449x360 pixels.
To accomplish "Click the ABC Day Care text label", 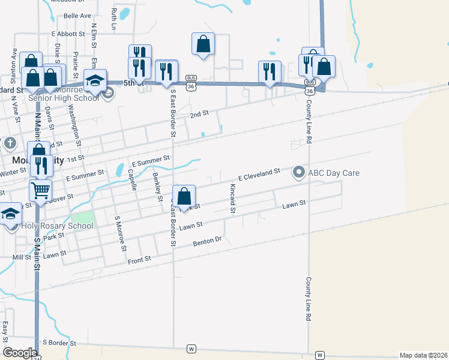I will click(x=334, y=173).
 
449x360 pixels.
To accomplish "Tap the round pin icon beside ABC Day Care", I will click(x=299, y=173).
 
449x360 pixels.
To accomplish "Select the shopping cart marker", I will click(x=40, y=190).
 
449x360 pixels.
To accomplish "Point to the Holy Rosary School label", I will click(x=58, y=226).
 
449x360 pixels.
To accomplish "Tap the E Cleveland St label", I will click(x=259, y=175).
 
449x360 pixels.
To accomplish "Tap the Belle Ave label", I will click(x=77, y=15).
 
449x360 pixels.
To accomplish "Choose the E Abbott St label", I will click(x=68, y=34).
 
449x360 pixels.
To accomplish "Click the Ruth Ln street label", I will click(x=113, y=19).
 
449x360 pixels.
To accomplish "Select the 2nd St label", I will click(x=199, y=113).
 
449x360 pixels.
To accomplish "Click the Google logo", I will click(x=20, y=353).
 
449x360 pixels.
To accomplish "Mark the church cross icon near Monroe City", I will click(x=10, y=143).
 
